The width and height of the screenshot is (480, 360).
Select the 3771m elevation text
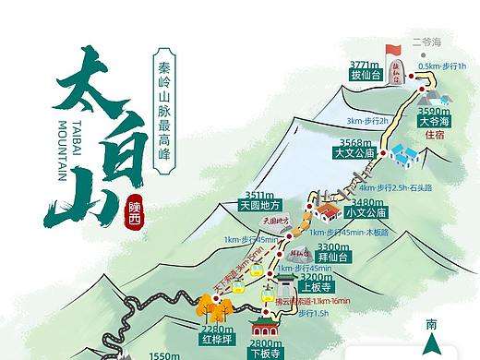[365, 65]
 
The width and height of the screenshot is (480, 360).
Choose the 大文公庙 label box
[354, 153]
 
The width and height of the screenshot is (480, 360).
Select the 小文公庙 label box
[363, 212]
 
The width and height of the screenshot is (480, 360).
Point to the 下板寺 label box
[265, 352]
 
